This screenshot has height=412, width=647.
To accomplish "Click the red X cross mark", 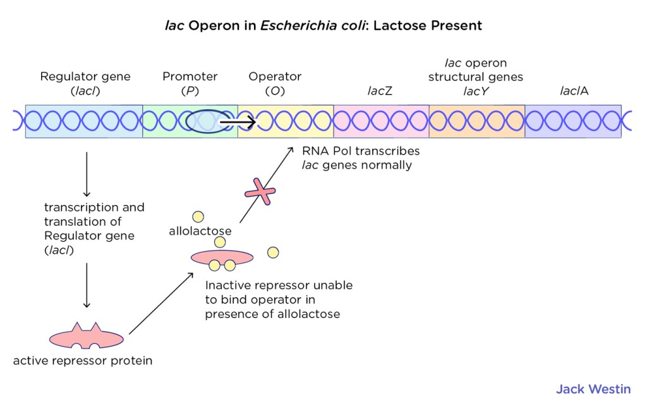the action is pos(260,192).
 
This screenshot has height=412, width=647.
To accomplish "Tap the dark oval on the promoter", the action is pos(209,122).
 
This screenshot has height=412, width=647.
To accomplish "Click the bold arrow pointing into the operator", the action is pos(238,122).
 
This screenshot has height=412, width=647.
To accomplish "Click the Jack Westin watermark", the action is pos(593,389).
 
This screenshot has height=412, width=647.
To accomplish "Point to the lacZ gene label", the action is pos(380,91).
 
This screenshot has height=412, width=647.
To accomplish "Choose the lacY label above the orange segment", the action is pos(476,91).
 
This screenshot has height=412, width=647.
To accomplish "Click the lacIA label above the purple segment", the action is pos(574,91).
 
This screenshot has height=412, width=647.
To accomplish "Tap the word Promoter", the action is pos(190,76).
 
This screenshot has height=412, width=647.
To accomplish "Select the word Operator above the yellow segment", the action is pos(275,76).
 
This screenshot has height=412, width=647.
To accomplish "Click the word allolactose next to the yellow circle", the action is pos(200,231).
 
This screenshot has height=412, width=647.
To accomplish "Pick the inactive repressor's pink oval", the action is pos(222,257).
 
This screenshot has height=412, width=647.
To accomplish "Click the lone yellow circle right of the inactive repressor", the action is pos(273,252).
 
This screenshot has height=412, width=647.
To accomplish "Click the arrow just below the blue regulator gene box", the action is pos(87,174).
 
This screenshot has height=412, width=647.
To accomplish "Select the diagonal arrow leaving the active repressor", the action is pos(161,303).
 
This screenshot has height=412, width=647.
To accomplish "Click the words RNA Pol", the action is pos(325,151).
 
